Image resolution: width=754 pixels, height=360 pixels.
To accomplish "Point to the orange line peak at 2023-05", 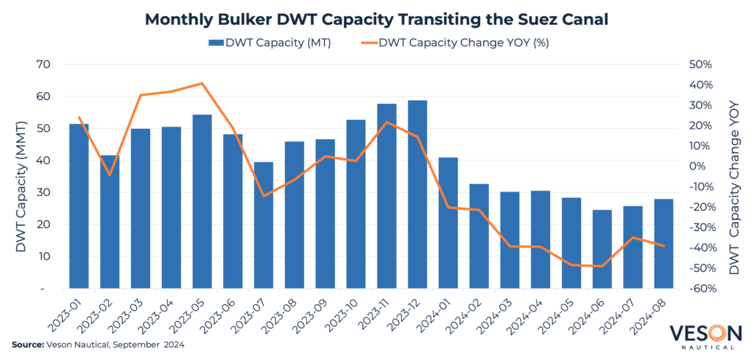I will [202, 83].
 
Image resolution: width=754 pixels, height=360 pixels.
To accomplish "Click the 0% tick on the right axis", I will [700, 166].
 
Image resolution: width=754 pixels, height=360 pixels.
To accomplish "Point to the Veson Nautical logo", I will [704, 335].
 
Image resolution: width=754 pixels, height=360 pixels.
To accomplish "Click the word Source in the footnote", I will [27, 345].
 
